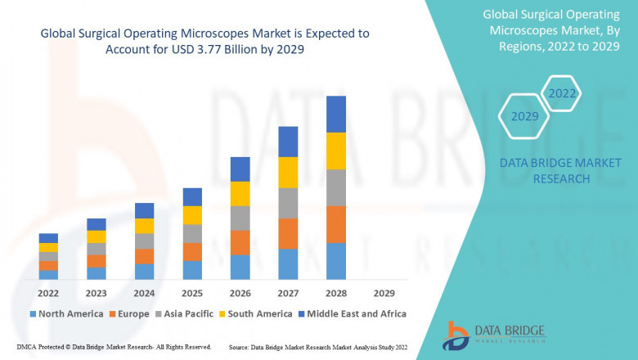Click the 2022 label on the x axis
tap(48, 293)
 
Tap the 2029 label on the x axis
tap(384, 293)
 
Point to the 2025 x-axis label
tap(192, 293)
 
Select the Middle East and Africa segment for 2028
tap(336, 114)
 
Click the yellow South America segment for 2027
tap(288, 172)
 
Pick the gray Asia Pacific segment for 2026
tap(240, 218)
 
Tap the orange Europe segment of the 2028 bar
tap(336, 224)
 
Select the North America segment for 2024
tap(144, 272)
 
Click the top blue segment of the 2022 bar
tap(48, 238)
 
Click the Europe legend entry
tap(129, 313)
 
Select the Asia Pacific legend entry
tap(185, 313)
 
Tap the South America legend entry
tap(258, 313)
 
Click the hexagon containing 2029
tap(524, 116)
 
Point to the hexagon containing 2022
tap(562, 94)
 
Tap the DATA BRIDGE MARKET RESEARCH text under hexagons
tap(544, 171)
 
